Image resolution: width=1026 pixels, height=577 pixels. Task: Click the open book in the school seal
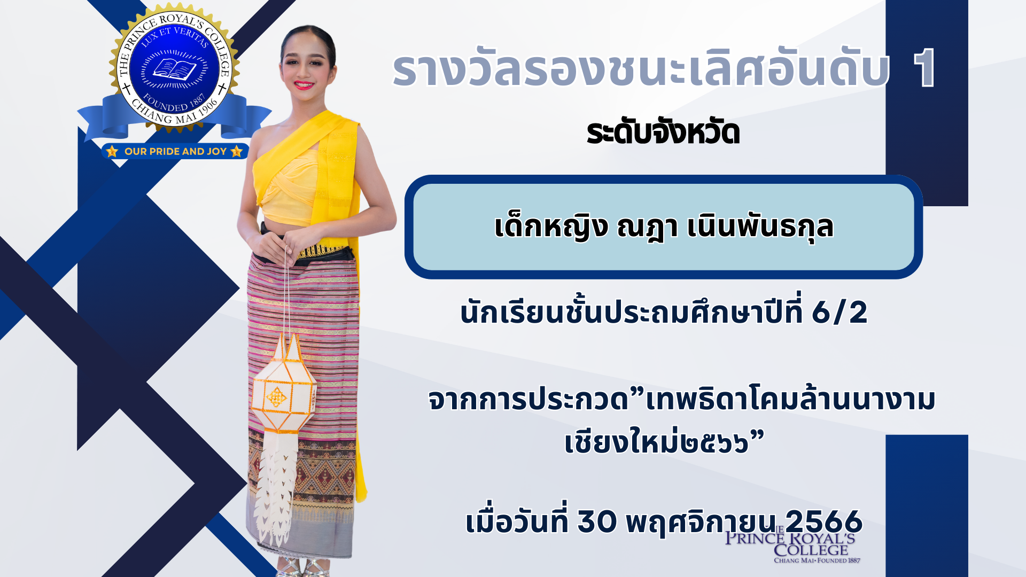tap(175, 69)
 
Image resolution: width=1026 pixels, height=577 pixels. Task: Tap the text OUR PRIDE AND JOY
tap(175, 151)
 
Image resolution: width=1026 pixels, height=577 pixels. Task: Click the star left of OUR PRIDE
tap(112, 151)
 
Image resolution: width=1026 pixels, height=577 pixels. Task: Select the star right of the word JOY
tap(236, 151)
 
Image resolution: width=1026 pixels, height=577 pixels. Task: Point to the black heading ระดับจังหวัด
tap(663, 132)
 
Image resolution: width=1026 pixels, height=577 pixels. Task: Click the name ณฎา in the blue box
tap(647, 227)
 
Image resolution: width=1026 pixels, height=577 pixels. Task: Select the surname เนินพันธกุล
tap(760, 227)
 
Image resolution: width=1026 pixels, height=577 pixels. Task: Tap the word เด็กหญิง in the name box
tap(551, 227)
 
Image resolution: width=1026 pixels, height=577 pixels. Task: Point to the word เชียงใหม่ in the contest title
tap(622, 441)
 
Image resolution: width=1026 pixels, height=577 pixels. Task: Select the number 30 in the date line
tap(597, 521)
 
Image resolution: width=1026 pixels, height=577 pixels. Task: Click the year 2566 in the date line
tap(823, 521)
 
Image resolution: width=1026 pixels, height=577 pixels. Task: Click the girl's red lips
tap(303, 84)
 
